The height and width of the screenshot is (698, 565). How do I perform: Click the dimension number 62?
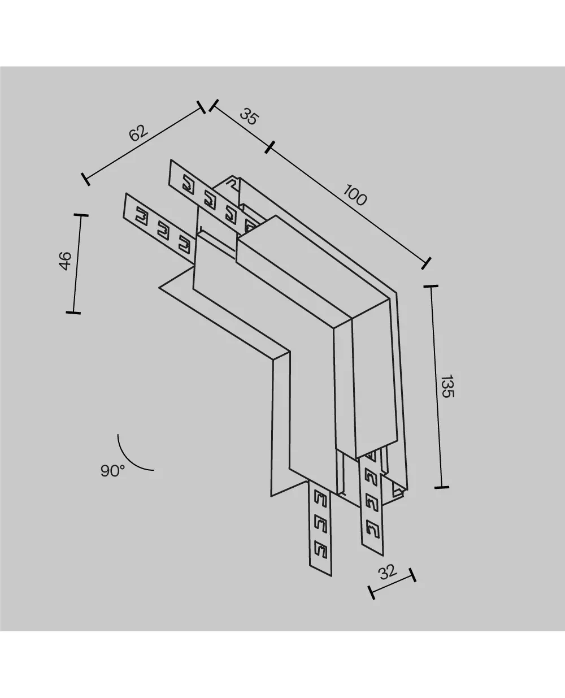pos(138,133)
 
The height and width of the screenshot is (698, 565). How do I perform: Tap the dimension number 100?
pos(355,196)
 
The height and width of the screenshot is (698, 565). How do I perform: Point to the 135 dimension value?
pos(446,386)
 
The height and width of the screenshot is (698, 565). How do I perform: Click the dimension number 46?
pos(66,261)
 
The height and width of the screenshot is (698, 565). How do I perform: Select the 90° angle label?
pos(112,471)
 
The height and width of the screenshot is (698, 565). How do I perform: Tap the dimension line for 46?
pos(77,264)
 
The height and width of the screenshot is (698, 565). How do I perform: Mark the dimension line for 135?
pos(436,387)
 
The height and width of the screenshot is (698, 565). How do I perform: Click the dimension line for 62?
pos(143,144)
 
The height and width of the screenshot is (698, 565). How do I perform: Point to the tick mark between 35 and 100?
pos(270,147)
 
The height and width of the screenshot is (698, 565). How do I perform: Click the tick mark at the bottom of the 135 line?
pos(441,487)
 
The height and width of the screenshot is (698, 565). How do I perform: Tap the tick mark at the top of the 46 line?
pos(81,215)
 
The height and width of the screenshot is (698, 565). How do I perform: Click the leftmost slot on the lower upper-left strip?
pos(141,215)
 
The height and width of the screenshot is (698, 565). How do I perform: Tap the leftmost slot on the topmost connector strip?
pos(188,183)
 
